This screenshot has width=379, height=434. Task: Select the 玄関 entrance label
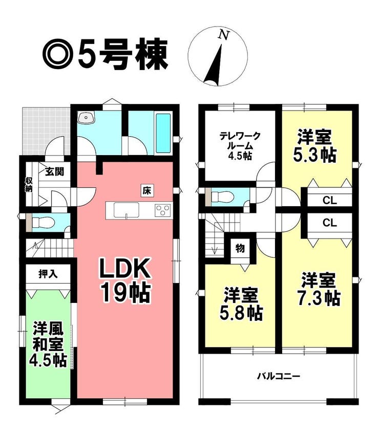(55, 171)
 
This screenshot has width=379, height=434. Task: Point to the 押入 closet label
(48, 273)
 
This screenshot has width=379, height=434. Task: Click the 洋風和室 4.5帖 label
(49, 344)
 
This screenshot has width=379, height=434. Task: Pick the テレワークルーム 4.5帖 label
(240, 146)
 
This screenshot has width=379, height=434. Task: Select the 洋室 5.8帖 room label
(241, 303)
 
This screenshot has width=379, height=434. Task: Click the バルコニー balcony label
(279, 376)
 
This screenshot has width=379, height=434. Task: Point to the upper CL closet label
(330, 200)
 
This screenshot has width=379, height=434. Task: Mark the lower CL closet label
(330, 222)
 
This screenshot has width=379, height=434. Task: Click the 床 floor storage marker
(147, 191)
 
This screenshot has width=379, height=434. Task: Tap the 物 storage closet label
(240, 248)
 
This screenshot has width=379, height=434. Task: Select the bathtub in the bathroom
(163, 133)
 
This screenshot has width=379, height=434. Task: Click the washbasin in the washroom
(87, 118)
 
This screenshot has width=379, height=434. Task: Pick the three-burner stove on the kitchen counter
(163, 210)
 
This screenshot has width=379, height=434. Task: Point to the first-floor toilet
(43, 222)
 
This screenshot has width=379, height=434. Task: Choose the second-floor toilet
(222, 197)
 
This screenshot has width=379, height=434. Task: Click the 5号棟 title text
(123, 55)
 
